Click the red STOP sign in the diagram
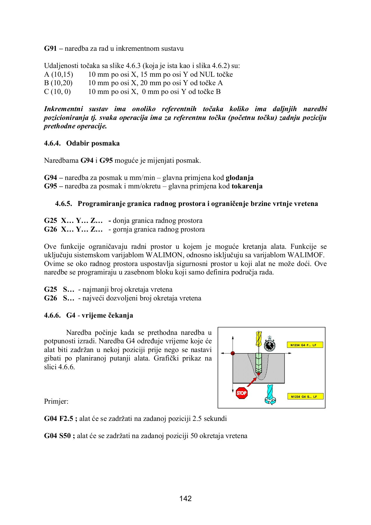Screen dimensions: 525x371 coord(242,393)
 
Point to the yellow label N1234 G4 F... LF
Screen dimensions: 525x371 coord(305,345)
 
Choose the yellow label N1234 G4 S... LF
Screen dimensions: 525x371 coord(305,397)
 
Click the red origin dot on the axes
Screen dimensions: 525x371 coord(233,353)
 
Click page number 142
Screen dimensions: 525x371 coord(185,498)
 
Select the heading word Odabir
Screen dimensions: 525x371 coord(78,143)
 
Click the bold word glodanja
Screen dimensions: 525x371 coord(239,178)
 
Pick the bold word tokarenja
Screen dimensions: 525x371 coord(247,186)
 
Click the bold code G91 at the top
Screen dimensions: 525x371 coord(50,48)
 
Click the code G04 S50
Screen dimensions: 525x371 coord(57,436)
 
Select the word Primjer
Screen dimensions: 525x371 coord(56,401)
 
